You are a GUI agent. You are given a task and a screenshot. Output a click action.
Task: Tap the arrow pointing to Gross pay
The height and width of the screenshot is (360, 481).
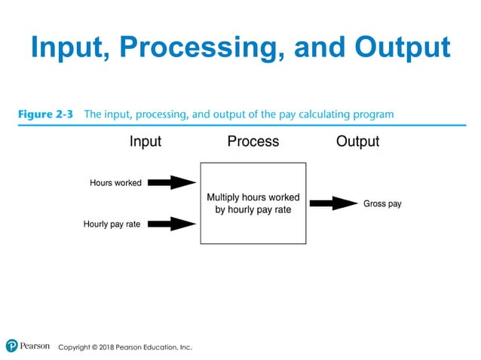(x=332, y=203)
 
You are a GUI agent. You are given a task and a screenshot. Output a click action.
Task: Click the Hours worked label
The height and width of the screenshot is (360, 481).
(x=115, y=183)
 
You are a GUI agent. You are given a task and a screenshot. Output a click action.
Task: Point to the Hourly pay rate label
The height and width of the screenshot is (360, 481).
(x=112, y=224)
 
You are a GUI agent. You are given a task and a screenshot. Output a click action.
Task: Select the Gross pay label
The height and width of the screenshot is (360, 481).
(x=382, y=204)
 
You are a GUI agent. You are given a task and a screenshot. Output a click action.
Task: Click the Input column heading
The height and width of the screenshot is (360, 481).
(x=146, y=142)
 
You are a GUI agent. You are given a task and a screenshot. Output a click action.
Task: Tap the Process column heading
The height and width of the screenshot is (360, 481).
(x=253, y=142)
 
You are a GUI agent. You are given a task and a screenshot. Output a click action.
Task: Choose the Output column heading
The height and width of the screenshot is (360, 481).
(x=357, y=142)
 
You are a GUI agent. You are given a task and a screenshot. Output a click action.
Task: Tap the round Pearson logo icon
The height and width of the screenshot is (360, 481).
(x=11, y=346)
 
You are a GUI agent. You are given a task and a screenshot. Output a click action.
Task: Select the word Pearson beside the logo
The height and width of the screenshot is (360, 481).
(x=35, y=346)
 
